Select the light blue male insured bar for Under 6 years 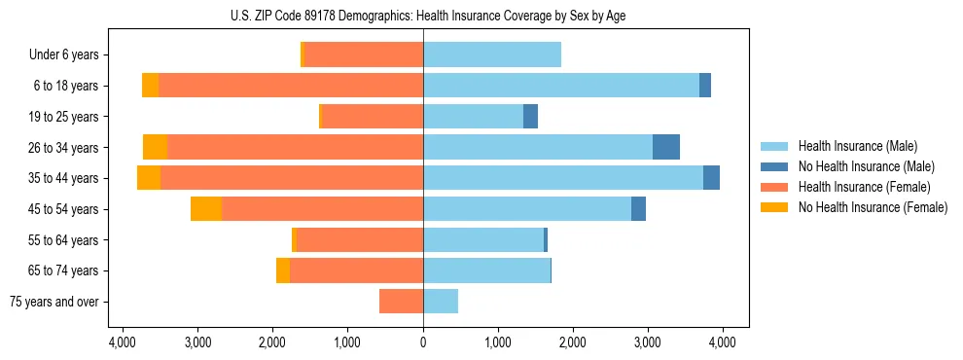point(491,55)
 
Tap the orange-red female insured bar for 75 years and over point(401,302)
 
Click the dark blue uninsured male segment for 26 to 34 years point(666,148)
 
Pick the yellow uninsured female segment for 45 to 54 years point(206,209)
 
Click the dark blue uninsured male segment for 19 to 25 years point(530,117)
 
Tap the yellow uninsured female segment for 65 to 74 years point(283,270)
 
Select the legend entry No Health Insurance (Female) point(872,207)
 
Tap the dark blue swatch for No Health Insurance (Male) point(775,166)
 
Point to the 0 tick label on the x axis point(423,342)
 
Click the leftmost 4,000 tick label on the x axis point(122,342)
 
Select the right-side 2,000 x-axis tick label point(573,342)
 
